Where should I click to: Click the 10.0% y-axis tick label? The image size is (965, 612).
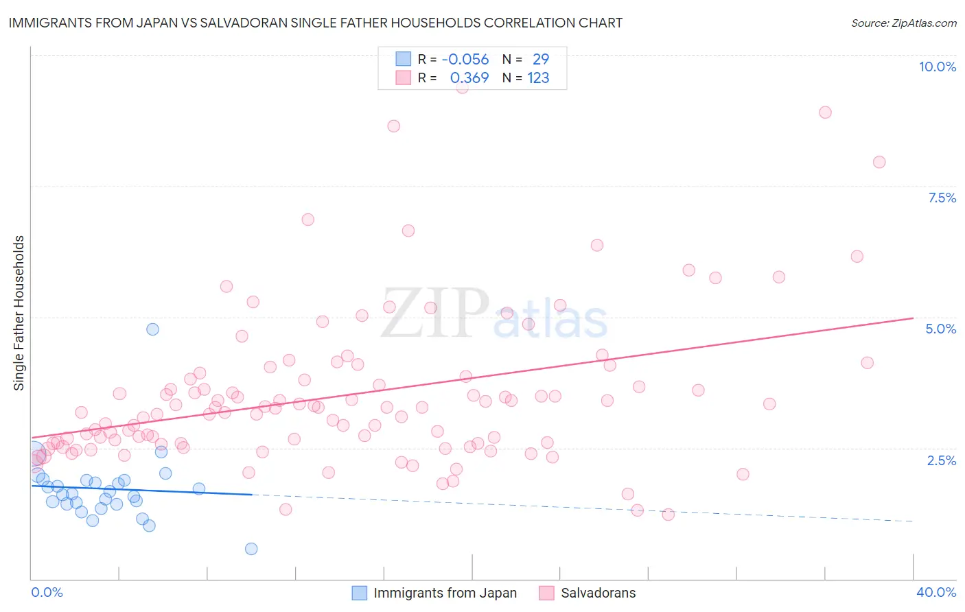pos(937,67)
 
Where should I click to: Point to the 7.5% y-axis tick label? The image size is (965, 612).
pos(942,198)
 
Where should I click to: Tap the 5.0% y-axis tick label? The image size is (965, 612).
pos(940,329)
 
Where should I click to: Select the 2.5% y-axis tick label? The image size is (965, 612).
pos(941,460)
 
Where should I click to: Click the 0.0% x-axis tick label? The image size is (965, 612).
pos(47,592)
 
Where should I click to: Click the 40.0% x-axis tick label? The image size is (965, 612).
pos(935,592)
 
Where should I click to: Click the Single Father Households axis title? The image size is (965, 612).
pos(19,313)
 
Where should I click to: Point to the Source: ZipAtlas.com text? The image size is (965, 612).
pos(903,23)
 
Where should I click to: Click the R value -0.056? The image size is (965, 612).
pos(465,59)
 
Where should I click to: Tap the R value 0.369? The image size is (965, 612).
pos(469,78)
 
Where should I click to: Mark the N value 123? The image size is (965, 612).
pos(538,78)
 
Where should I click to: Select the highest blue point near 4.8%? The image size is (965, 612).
pos(152,329)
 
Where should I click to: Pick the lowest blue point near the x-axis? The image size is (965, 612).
pos(251,549)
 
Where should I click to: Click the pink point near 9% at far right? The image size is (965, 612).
pos(825,113)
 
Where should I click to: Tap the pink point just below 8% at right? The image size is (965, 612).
pos(879,163)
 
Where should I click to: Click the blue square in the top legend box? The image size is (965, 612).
pos(403,59)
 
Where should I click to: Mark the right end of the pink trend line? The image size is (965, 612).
pos(913,318)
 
